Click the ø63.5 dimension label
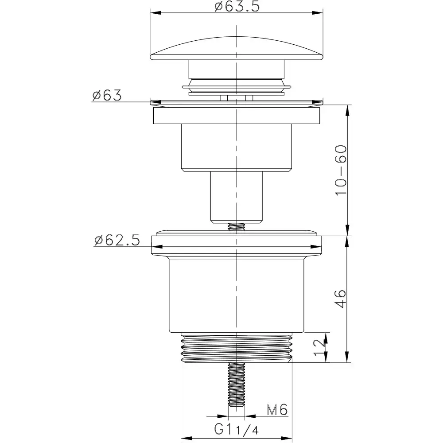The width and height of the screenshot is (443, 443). (237, 6)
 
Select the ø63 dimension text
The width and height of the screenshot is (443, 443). (107, 95)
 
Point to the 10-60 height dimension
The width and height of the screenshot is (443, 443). (341, 170)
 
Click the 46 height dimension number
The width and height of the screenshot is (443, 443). (340, 299)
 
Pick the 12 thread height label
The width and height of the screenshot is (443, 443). (319, 347)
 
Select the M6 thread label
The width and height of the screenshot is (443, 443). (277, 410)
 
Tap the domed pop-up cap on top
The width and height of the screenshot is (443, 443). (237, 49)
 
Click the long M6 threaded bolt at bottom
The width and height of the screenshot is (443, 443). (237, 384)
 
